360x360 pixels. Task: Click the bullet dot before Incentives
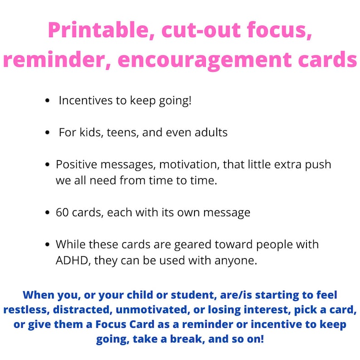coord(48,101)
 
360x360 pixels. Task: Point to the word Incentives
coord(86,100)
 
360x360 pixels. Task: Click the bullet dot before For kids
coord(48,133)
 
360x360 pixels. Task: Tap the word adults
coord(208,133)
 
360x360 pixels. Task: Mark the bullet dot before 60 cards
coord(48,213)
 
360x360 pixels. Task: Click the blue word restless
coord(28,310)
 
